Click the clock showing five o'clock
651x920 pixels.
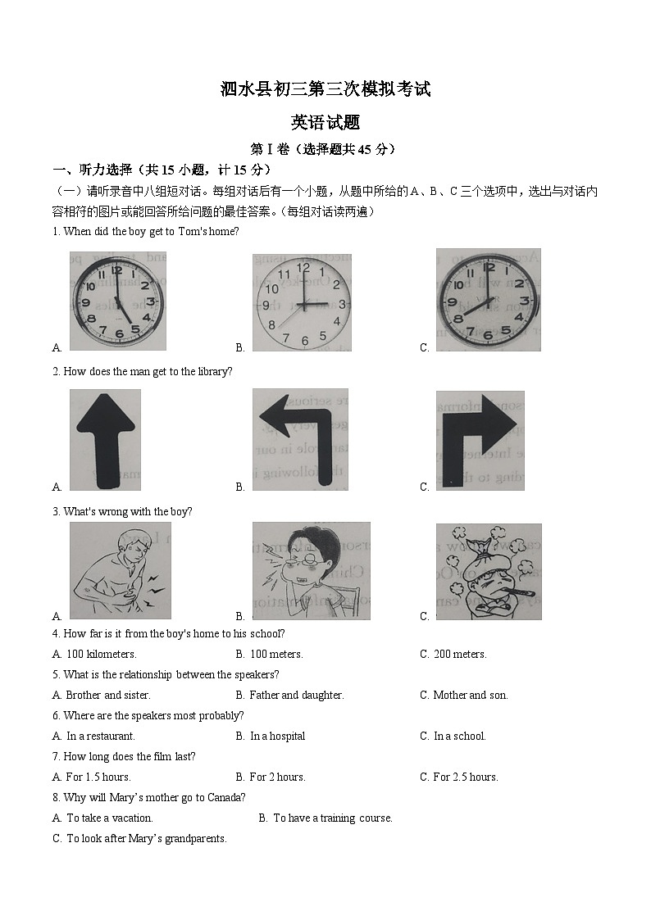pos(117,301)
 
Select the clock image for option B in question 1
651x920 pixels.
pos(302,302)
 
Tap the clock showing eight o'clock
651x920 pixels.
pos(488,300)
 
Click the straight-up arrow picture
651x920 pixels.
pos(105,439)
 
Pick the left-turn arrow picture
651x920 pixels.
pos(300,439)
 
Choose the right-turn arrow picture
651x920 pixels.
pos(480,439)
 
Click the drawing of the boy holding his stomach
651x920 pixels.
pos(120,570)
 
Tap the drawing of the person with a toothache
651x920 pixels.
pos(311,570)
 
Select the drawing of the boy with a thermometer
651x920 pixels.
pos(488,571)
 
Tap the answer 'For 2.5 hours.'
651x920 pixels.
pos(465,777)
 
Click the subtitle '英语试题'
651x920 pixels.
pos(325,123)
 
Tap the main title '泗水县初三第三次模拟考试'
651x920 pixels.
pos(325,89)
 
